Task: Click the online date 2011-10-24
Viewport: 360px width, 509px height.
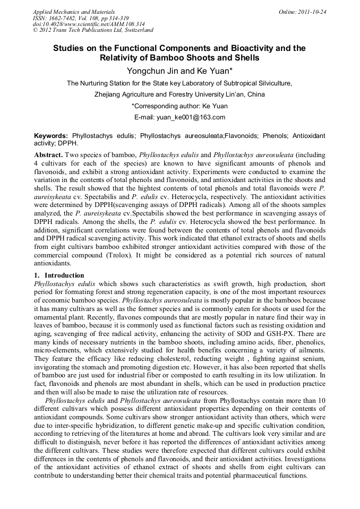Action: click(x=314, y=12)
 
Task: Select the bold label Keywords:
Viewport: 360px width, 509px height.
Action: click(x=51, y=136)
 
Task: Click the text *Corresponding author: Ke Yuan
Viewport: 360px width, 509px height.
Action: click(x=179, y=106)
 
